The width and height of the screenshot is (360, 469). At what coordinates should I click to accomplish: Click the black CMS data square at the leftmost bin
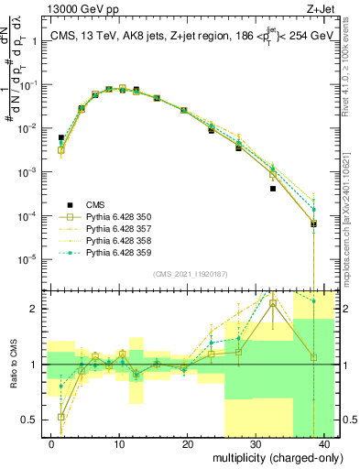point(61,137)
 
